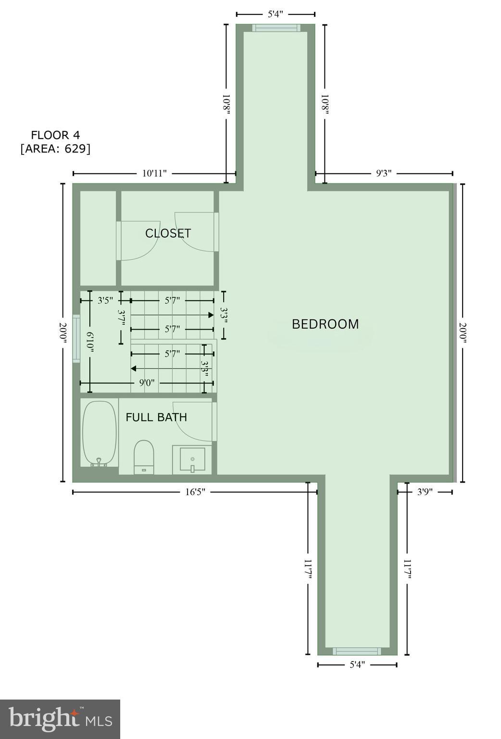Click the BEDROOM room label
click(325, 324)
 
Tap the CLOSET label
click(168, 233)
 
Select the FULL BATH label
click(156, 417)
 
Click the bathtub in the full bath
click(100, 433)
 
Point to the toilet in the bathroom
click(143, 457)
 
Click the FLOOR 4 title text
click(55, 135)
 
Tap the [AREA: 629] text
click(55, 149)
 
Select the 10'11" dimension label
click(154, 174)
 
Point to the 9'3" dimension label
click(384, 174)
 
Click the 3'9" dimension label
click(425, 492)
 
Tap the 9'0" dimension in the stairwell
click(147, 383)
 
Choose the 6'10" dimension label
click(89, 342)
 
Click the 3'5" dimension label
click(105, 301)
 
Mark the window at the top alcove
click(276, 28)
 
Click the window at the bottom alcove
click(357, 651)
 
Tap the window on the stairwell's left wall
click(76, 338)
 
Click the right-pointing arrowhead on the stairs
click(211, 315)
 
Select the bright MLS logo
click(60, 719)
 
